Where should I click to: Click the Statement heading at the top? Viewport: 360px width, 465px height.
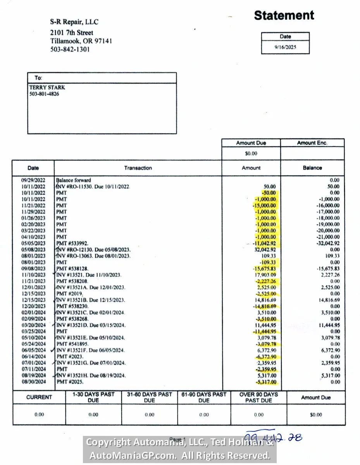click(x=284, y=15)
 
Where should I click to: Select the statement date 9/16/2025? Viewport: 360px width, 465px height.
click(x=285, y=47)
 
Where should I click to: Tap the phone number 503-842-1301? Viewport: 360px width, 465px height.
click(x=70, y=50)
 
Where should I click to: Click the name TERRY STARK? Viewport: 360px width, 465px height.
click(x=47, y=88)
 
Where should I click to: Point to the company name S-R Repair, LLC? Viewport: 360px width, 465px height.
click(x=74, y=22)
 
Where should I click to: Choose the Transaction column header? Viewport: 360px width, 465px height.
click(x=138, y=168)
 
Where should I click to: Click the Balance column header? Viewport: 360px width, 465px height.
click(x=312, y=168)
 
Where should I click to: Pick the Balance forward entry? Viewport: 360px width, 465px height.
click(x=74, y=180)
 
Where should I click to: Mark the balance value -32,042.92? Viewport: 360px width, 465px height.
click(x=327, y=243)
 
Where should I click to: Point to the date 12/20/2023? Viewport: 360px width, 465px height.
click(x=33, y=306)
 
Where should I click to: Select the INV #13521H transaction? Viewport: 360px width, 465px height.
click(x=90, y=375)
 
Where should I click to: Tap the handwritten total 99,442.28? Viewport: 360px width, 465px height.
click(x=274, y=437)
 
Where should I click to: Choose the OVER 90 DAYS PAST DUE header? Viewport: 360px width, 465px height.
click(x=258, y=397)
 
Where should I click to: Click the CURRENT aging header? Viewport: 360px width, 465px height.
click(x=39, y=397)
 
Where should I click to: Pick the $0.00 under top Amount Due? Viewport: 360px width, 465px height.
click(x=251, y=153)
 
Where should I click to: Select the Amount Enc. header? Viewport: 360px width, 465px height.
click(x=312, y=143)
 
